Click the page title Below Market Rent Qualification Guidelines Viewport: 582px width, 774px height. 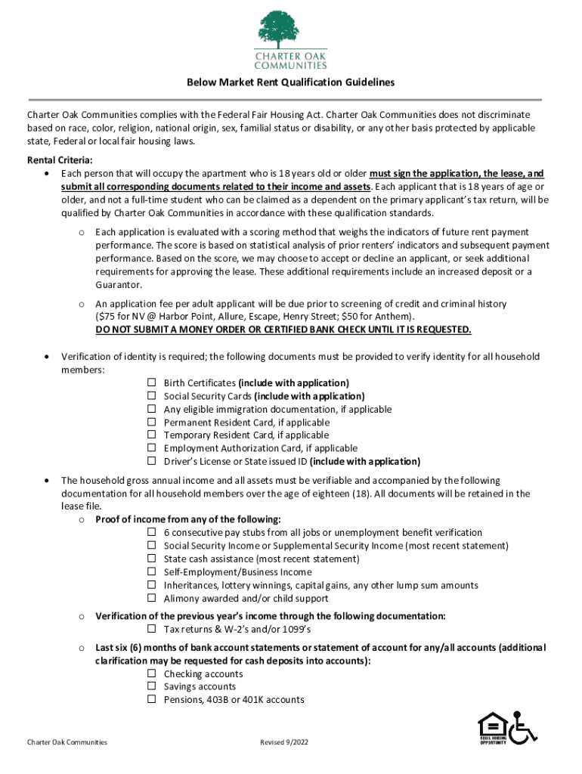coord(291,82)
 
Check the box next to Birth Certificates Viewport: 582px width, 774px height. coord(152,383)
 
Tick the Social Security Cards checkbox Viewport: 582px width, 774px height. coord(152,396)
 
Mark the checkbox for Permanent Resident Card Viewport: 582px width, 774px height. coord(152,423)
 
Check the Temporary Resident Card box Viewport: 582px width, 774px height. coord(152,435)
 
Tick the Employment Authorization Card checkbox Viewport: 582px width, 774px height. coord(152,448)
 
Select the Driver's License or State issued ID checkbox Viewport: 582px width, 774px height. coord(152,461)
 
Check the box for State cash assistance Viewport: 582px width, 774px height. coord(152,559)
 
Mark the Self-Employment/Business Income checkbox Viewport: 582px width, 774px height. coord(152,572)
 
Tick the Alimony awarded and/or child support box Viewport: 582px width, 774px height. coord(152,599)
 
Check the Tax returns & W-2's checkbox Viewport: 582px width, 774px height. coord(152,630)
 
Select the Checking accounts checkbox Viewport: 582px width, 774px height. coord(152,673)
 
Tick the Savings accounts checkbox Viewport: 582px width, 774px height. coord(152,686)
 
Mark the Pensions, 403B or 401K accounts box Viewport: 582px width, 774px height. coord(152,700)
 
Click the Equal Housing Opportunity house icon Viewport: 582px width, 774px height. coord(491,727)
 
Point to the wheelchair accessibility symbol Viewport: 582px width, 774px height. coord(522,727)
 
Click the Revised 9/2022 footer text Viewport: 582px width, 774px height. coord(284,742)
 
